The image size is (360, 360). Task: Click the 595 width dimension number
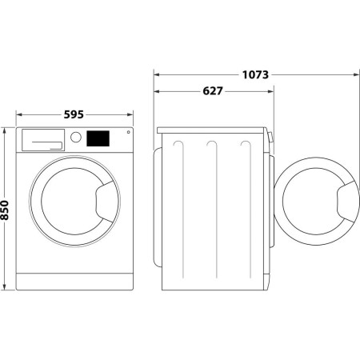(74, 114)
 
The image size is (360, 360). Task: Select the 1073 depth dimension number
(254, 75)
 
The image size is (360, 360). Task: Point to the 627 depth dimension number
(212, 92)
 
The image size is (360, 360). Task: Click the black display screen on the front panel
(98, 138)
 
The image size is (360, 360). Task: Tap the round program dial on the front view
(76, 137)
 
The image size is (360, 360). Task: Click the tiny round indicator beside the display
(127, 133)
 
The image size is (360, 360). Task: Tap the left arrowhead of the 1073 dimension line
(157, 75)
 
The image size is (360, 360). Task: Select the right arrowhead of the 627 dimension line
(270, 92)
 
